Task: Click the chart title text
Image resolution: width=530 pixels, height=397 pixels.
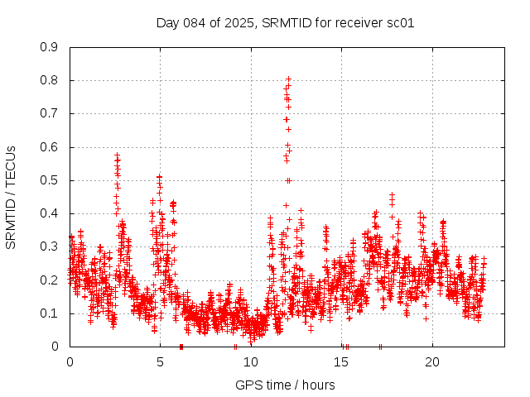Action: (x=285, y=22)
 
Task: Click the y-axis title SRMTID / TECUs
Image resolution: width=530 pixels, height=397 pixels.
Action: (x=11, y=197)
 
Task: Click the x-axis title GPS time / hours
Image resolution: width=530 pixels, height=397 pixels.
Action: (x=285, y=385)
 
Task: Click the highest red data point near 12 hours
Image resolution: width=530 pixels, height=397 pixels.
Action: (x=288, y=79)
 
